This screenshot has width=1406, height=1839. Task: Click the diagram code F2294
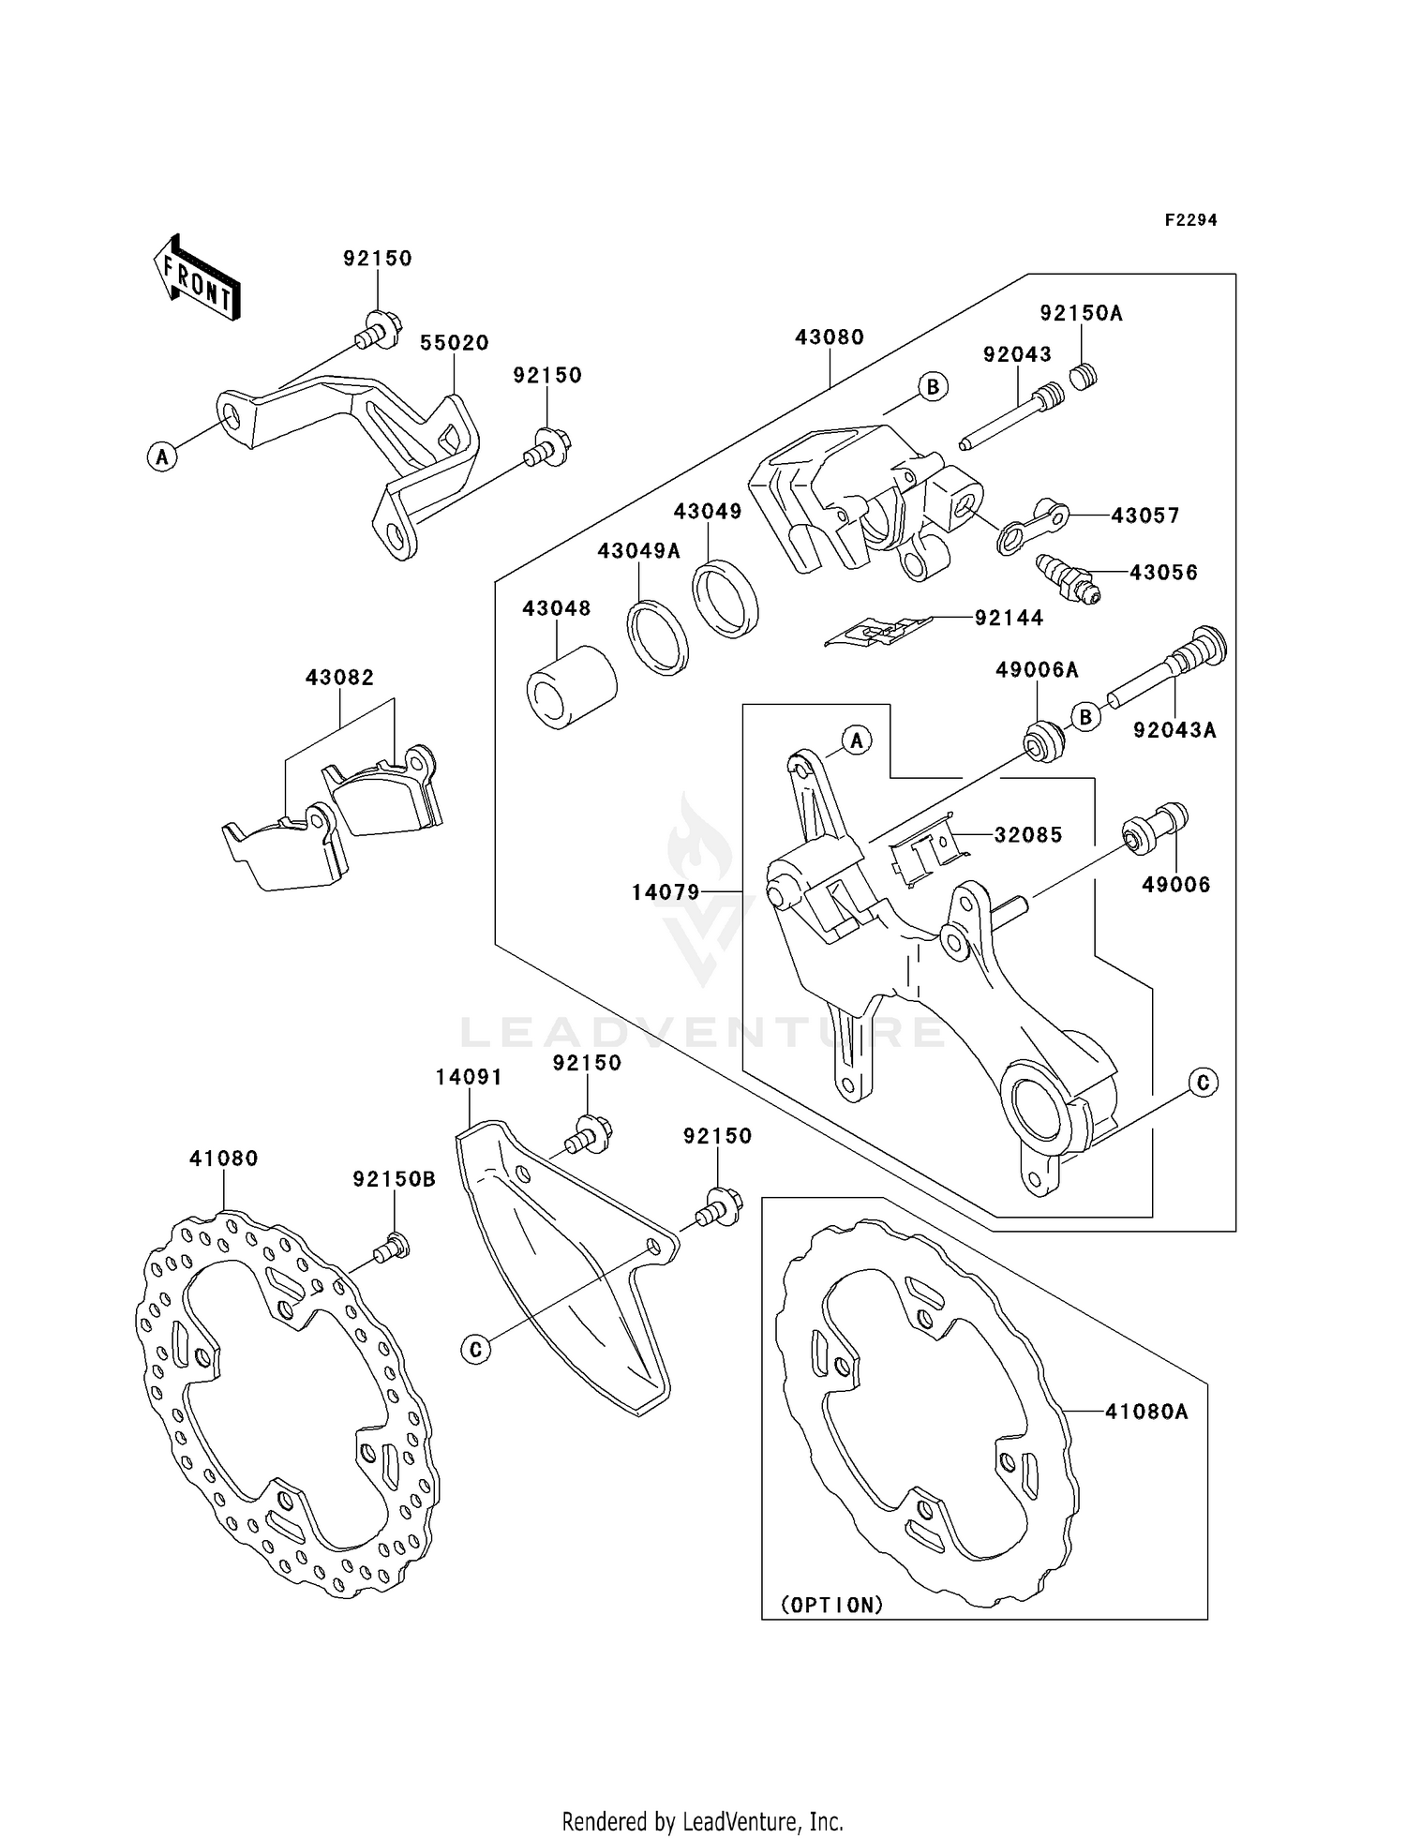coord(1190,220)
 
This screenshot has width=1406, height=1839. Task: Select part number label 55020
coord(454,343)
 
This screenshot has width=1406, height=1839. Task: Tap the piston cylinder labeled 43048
coord(570,686)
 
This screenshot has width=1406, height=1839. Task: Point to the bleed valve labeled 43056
coord(1067,579)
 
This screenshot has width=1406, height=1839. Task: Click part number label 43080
coord(830,336)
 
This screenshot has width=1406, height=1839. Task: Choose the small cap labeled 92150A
coord(1084,378)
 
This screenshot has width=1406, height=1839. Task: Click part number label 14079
coord(666,892)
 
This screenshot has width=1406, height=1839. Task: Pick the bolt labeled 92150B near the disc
coord(391,1248)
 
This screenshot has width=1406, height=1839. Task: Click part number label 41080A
coord(1145,1411)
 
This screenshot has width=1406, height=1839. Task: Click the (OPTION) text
coord(833,1605)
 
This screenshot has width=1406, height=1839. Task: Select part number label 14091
coord(469,1078)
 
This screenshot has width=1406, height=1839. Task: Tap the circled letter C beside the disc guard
coord(476,1349)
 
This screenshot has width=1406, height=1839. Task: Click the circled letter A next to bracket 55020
coord(162,457)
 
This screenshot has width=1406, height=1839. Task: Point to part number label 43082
coord(339,677)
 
